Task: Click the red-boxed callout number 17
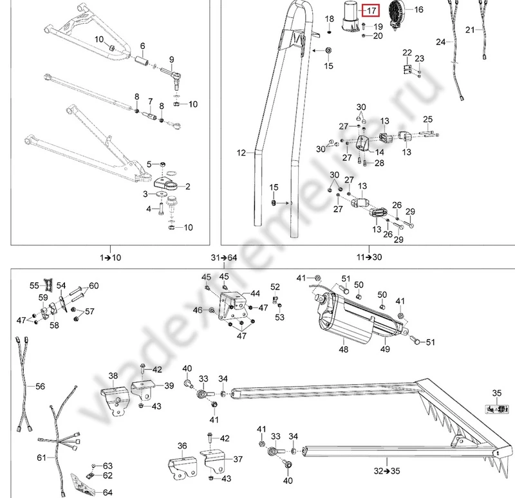point(371,10)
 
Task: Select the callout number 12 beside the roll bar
point(241,153)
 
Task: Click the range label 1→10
point(111,257)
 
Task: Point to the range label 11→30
point(369,257)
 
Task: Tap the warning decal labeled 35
point(496,409)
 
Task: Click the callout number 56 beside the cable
point(40,387)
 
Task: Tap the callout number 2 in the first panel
point(188,187)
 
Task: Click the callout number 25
point(428,119)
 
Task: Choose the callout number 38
point(113,376)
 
